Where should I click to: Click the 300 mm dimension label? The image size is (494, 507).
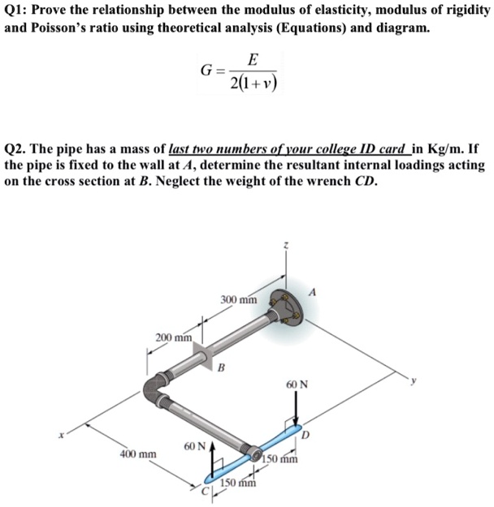(x=239, y=301)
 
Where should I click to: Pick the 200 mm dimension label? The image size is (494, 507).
(x=174, y=337)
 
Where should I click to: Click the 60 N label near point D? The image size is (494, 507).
(x=297, y=385)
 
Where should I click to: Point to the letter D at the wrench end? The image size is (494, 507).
(x=306, y=436)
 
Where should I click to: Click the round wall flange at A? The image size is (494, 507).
(x=288, y=307)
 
